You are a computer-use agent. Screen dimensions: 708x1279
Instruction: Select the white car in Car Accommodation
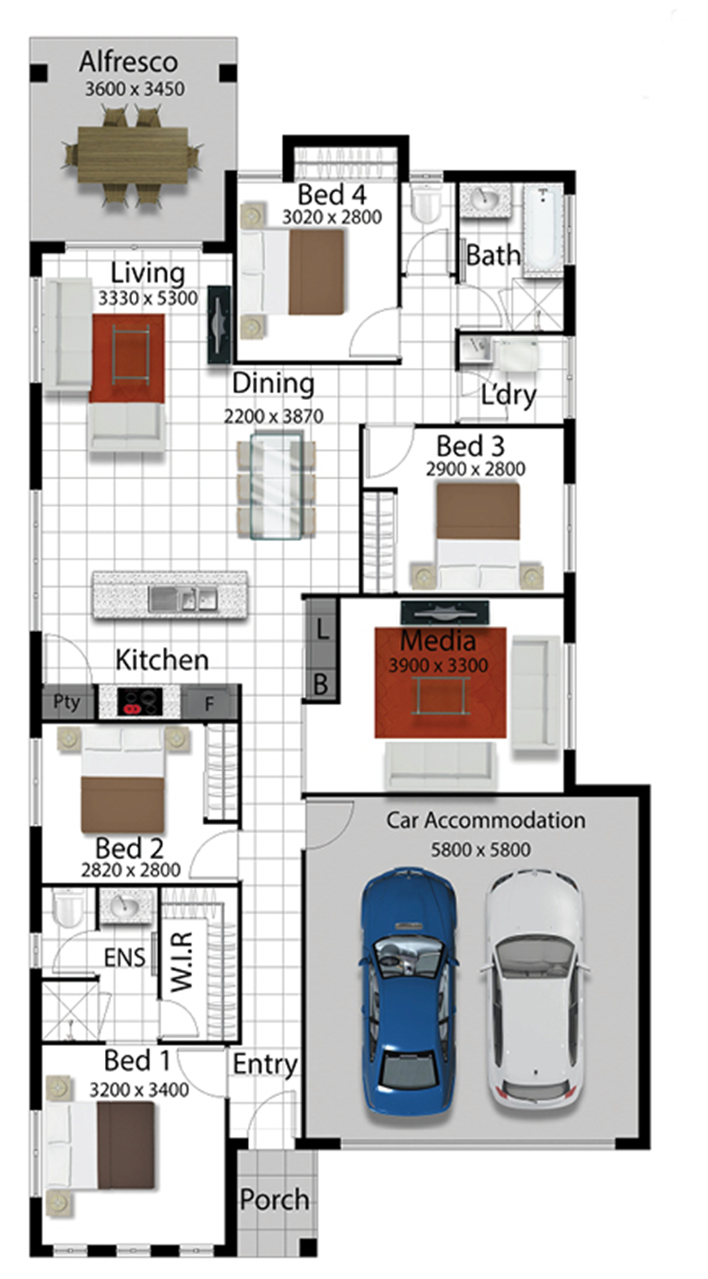[x=535, y=993]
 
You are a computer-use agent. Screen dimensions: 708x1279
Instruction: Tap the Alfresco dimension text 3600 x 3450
[x=135, y=89]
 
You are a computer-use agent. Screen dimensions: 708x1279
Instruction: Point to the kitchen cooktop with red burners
[x=140, y=701]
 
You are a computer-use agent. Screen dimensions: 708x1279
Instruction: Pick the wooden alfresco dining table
[x=133, y=155]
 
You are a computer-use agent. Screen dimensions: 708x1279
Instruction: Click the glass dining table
[x=275, y=487]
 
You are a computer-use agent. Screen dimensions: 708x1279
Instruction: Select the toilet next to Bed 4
[x=426, y=204]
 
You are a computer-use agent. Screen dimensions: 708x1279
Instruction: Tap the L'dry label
[x=509, y=395]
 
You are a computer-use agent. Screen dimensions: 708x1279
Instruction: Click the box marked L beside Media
[x=322, y=630]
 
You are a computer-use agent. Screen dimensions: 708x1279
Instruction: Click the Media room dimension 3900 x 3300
[x=439, y=666]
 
